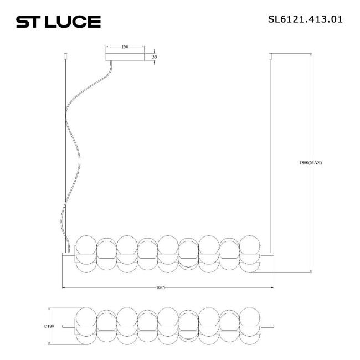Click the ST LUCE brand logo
pyautogui.click(x=58, y=22)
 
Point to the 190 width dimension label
pyautogui.click(x=125, y=48)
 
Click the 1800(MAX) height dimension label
pyautogui.click(x=310, y=163)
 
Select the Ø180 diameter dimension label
pyautogui.click(x=48, y=326)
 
